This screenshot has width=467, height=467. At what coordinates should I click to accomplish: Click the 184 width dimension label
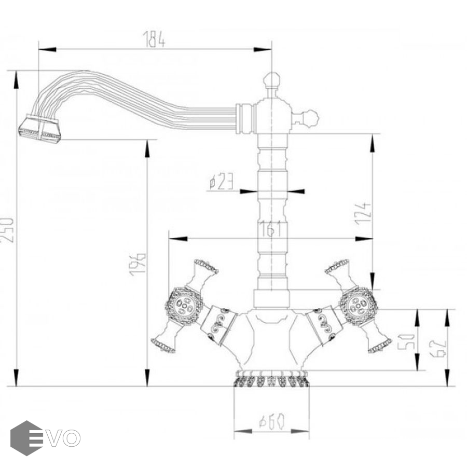coord(154,39)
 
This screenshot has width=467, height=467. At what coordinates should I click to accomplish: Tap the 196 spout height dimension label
coord(138,264)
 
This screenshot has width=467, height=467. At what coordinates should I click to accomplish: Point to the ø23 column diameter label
coord(221,182)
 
